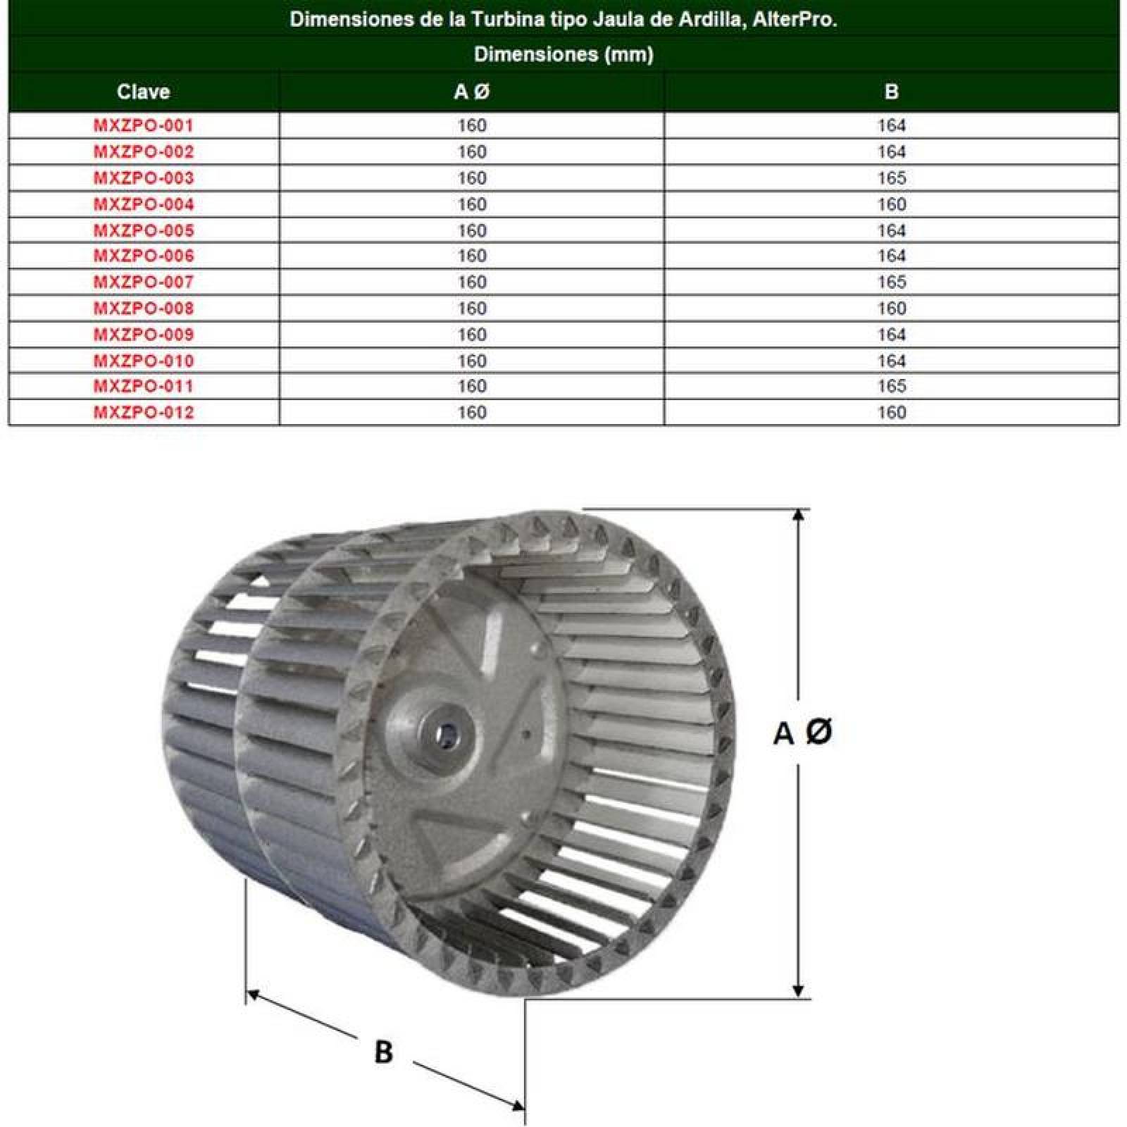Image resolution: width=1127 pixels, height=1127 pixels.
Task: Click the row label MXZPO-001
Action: (143, 126)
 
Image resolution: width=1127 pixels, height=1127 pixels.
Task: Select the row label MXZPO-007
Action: (143, 282)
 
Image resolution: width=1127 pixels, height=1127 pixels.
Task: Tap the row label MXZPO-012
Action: (143, 413)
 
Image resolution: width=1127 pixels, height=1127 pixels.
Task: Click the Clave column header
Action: (143, 92)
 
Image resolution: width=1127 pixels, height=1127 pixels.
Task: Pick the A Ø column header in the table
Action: (471, 92)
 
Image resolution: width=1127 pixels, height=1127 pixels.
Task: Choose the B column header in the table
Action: (891, 92)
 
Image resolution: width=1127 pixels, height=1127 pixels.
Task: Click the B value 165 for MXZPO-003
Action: (891, 178)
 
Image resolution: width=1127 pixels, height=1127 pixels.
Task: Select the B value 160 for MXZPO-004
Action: (891, 204)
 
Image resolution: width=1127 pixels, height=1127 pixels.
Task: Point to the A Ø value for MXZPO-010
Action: (471, 361)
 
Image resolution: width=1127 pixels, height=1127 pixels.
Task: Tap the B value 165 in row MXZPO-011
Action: (891, 386)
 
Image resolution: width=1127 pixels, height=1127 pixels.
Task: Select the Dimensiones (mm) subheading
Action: (563, 54)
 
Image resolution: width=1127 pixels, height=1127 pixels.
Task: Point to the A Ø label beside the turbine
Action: (802, 733)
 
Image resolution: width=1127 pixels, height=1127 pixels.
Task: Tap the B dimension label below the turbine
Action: (383, 1052)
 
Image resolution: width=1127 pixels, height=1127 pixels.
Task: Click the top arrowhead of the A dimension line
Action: (798, 516)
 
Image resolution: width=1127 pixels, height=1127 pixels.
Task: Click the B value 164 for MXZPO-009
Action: (891, 335)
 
